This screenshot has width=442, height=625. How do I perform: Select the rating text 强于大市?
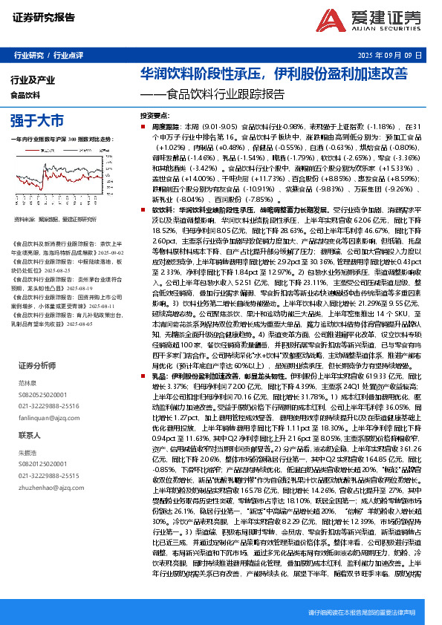[36, 120]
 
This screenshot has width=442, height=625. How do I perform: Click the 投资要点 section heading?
[155, 117]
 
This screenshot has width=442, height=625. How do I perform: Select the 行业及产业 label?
[33, 79]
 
